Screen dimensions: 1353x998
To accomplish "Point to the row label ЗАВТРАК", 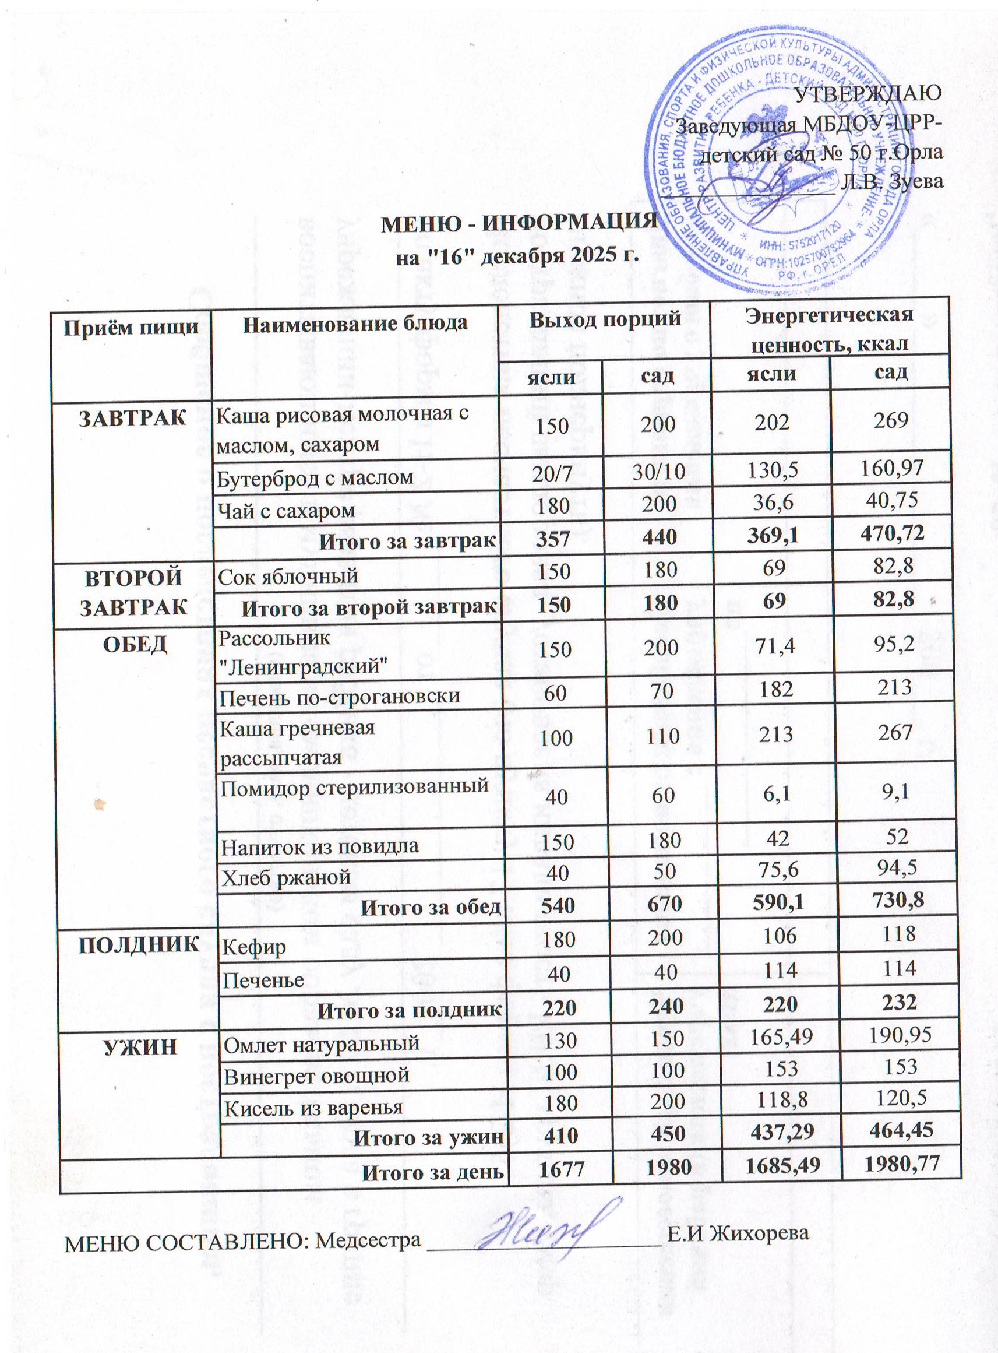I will click(x=133, y=419).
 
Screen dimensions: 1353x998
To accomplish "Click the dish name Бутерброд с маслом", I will click(x=315, y=477).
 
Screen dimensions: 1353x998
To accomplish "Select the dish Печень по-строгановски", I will click(x=339, y=697).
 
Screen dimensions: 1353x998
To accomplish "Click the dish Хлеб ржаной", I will click(x=287, y=876).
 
